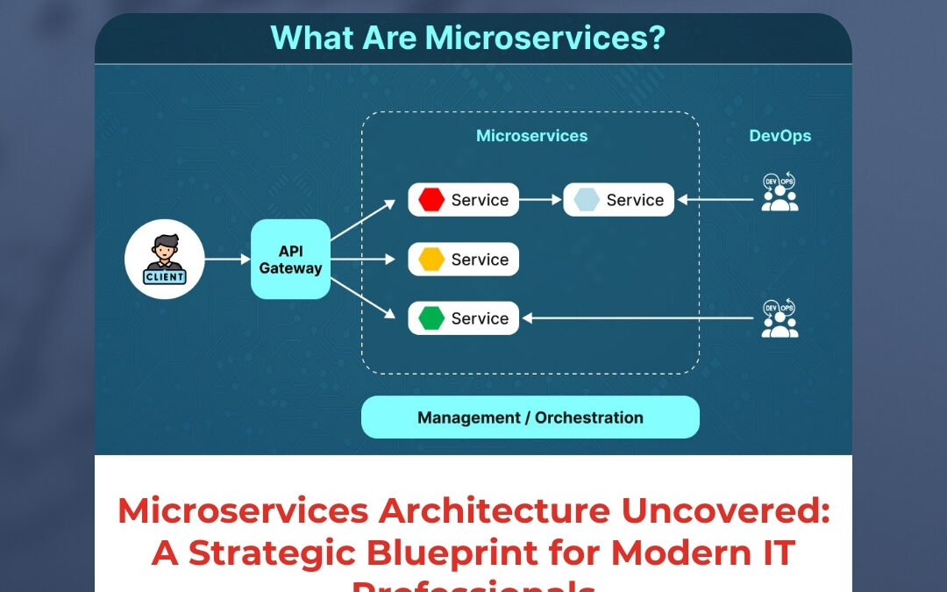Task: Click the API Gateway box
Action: point(290,259)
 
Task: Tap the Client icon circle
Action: point(164,259)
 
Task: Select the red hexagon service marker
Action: point(431,200)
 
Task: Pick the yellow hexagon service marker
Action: point(431,260)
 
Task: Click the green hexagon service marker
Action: point(431,318)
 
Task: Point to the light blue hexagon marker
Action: point(587,200)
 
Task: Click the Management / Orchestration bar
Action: point(530,417)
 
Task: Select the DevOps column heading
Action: point(780,136)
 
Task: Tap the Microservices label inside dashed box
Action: point(531,136)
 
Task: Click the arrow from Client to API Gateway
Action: point(227,259)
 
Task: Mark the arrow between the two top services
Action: point(541,200)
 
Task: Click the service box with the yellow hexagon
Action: point(464,260)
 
